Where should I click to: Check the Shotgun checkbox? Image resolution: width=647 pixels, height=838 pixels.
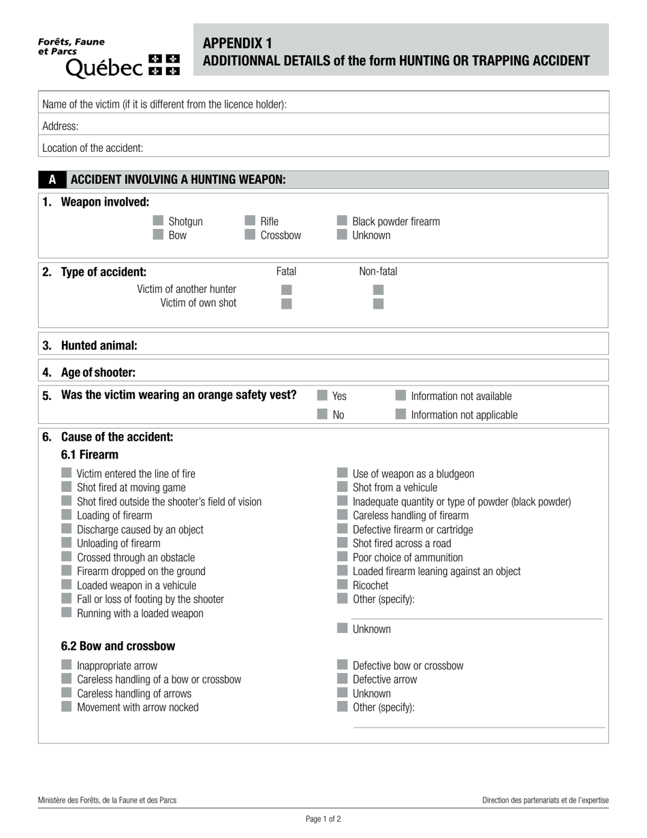(x=158, y=221)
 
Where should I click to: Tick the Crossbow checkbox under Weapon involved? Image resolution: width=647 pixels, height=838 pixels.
(x=250, y=235)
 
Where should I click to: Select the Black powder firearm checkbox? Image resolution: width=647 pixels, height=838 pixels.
(x=342, y=221)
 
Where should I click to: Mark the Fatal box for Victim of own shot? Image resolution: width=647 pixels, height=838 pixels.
(x=287, y=304)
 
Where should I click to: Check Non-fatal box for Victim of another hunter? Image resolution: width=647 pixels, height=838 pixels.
(x=379, y=290)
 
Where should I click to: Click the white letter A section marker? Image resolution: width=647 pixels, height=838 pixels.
(x=52, y=180)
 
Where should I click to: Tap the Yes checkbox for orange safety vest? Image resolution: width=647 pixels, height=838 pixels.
(x=322, y=395)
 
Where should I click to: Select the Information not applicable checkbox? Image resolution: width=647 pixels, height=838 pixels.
(x=400, y=414)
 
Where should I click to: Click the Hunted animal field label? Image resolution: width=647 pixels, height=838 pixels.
(x=99, y=345)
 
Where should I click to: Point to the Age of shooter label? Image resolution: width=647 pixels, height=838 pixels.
(x=98, y=373)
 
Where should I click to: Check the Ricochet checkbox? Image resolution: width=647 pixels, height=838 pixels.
(x=342, y=585)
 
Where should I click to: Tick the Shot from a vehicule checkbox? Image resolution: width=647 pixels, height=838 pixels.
(x=342, y=487)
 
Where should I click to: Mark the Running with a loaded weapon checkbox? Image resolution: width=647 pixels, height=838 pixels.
(x=66, y=612)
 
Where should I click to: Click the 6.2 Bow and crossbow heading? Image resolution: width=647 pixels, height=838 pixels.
(x=118, y=646)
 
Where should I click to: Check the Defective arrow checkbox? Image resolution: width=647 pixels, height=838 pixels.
(x=342, y=679)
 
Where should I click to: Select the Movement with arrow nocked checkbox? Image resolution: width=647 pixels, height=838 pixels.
(x=66, y=707)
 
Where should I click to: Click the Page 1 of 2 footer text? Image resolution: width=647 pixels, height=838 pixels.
(x=323, y=820)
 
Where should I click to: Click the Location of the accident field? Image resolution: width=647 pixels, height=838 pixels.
(x=375, y=148)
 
